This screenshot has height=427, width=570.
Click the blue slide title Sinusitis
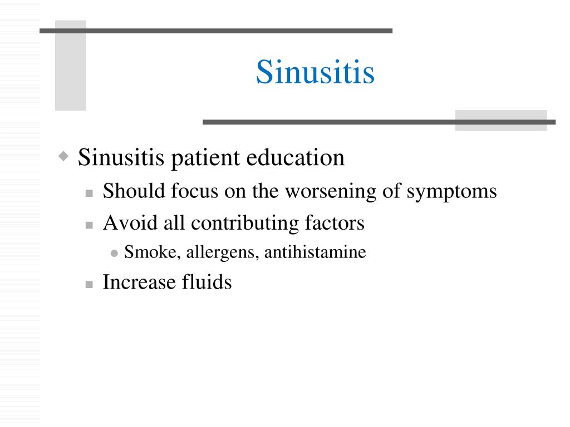click(x=315, y=72)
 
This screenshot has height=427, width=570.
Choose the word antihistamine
click(x=315, y=253)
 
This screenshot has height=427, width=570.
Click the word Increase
click(x=139, y=282)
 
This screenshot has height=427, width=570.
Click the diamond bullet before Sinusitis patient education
click(x=65, y=156)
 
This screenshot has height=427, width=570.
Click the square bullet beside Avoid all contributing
click(x=89, y=225)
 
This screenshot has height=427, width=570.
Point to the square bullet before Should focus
click(x=89, y=193)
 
